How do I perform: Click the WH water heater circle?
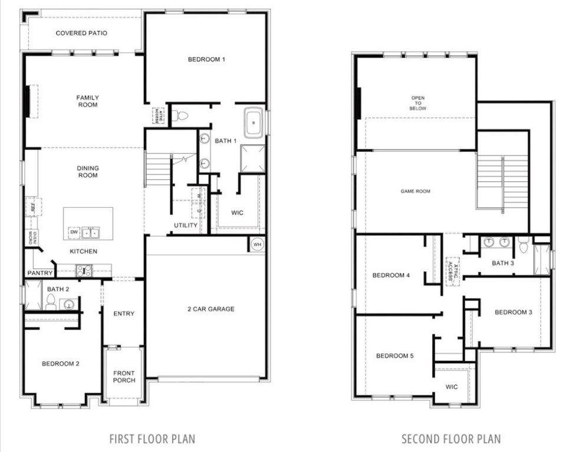pos(258,244)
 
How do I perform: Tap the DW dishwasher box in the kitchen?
pos(74,232)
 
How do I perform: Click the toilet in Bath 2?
pos(50,302)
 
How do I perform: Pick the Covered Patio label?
pos(81,34)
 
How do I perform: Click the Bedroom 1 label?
pos(206,59)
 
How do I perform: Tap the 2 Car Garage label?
pos(211,309)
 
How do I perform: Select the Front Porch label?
pos(124,377)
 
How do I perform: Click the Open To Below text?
pos(418,104)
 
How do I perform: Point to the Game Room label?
pos(415,191)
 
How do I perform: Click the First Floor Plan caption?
pos(152,438)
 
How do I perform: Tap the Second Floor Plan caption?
pos(451,438)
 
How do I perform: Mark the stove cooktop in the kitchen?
pos(84,270)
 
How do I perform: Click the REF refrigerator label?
pos(33,207)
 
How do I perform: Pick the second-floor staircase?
pos(501,182)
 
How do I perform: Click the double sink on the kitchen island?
pos(90,232)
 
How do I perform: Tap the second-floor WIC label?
pos(452,387)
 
